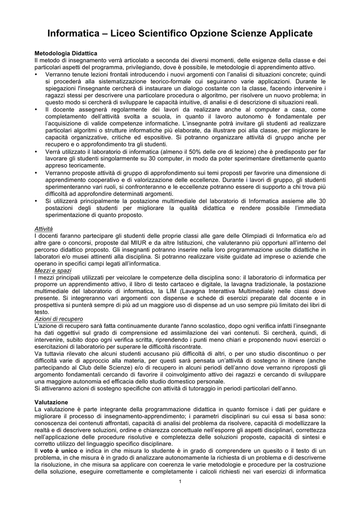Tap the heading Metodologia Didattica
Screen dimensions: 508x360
pyautogui.click(x=66, y=53)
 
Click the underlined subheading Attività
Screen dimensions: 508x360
pyautogui.click(x=44, y=229)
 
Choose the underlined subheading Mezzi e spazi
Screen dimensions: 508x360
pyautogui.click(x=53, y=271)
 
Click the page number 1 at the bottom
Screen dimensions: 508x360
pyautogui.click(x=180, y=482)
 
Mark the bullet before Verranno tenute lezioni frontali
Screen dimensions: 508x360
pyautogui.click(x=37, y=74)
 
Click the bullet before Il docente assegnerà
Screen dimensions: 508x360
pyautogui.click(x=37, y=109)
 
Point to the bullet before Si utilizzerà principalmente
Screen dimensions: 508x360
pyautogui.click(x=37, y=200)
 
